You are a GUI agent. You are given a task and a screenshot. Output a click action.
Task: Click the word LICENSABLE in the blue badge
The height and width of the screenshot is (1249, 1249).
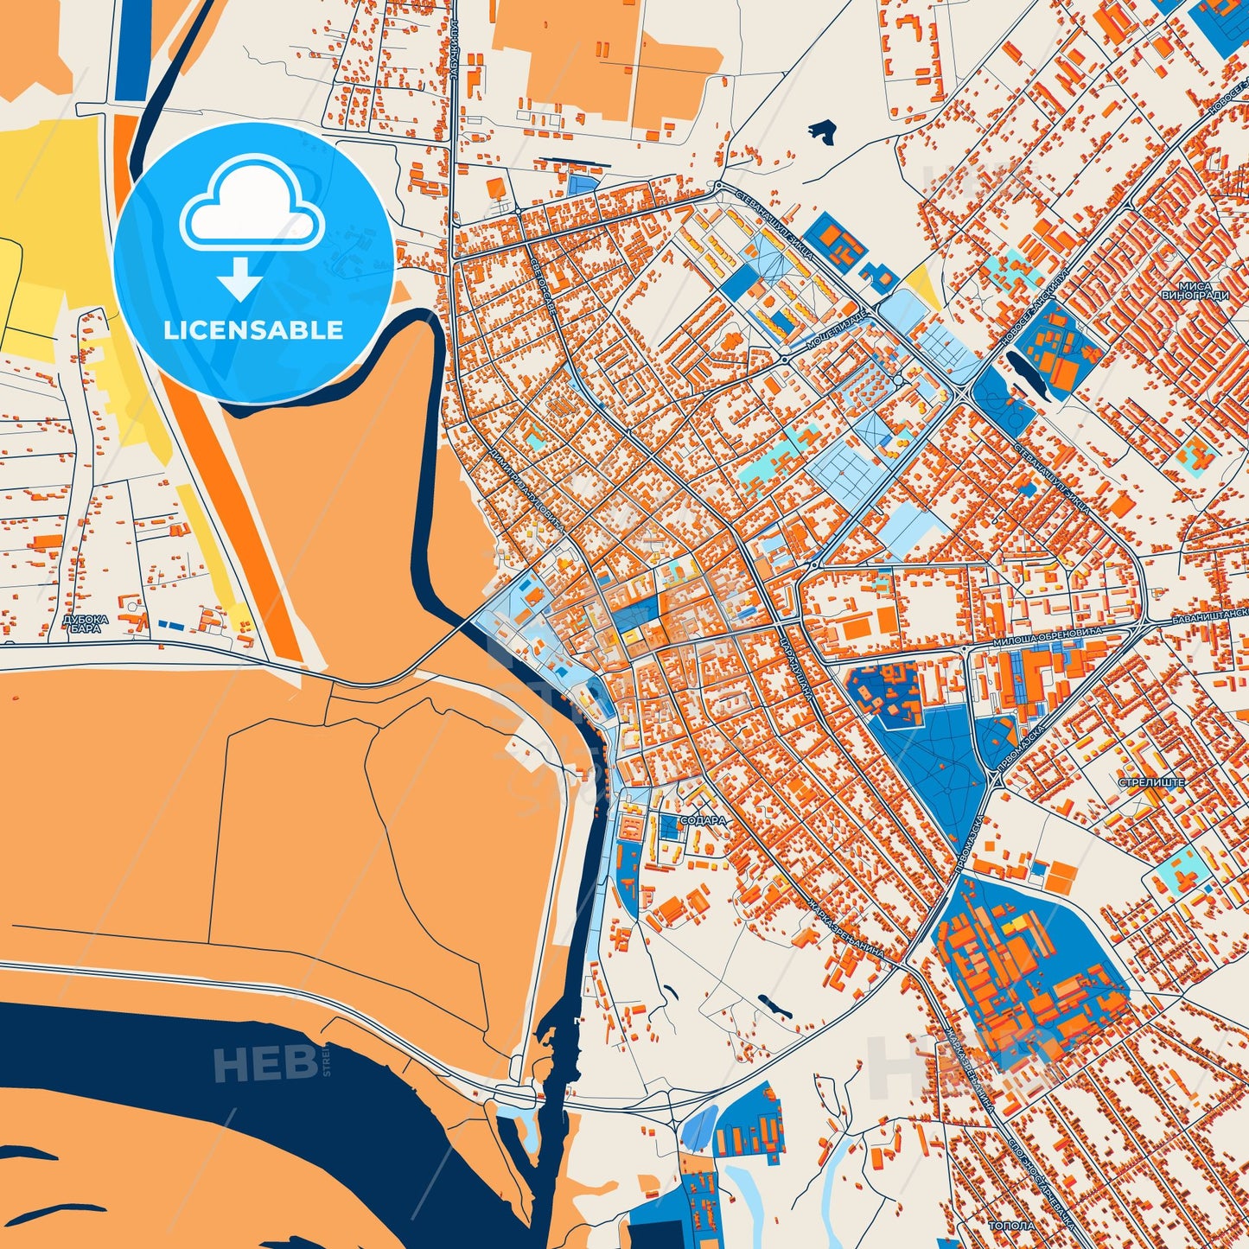253,330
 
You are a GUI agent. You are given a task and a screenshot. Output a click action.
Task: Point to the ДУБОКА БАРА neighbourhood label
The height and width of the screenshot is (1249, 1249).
86,623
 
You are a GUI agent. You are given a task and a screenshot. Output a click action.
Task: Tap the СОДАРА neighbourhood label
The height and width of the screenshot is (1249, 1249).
704,820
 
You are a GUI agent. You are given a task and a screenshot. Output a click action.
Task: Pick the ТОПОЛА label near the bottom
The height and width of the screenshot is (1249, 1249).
1011,1226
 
